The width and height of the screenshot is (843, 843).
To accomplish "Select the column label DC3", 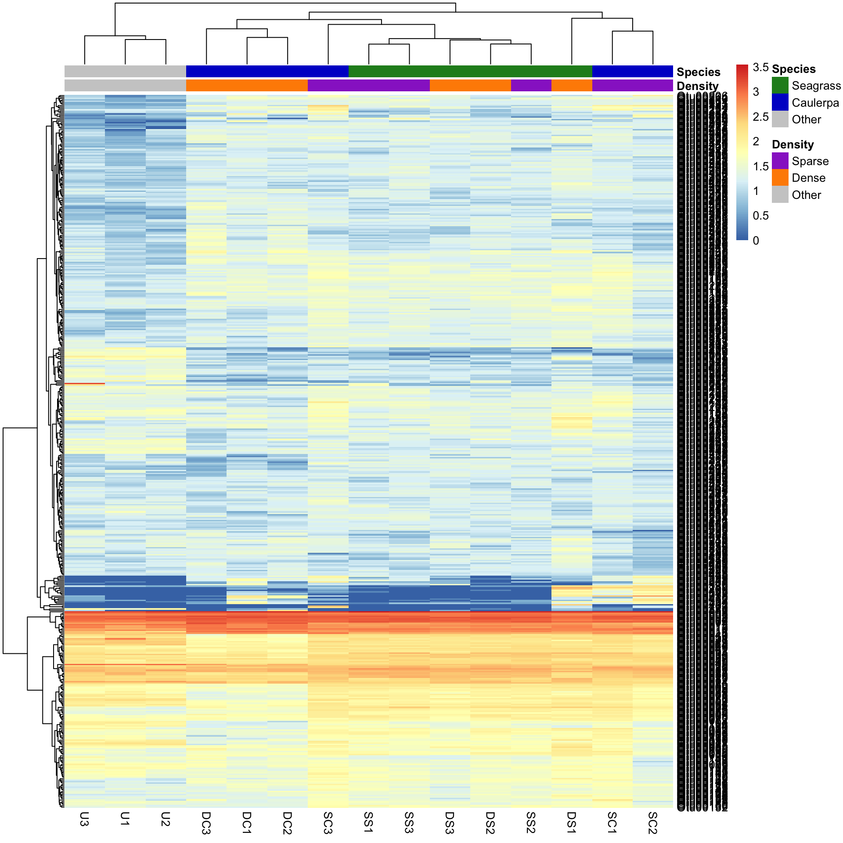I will pyautogui.click(x=206, y=823).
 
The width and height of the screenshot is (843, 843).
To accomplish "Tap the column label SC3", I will pyautogui.click(x=328, y=823).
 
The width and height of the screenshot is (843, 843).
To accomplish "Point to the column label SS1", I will pyautogui.click(x=368, y=822).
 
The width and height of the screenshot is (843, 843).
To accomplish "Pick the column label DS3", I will pyautogui.click(x=450, y=823).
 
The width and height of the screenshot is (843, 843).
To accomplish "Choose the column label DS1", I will pyautogui.click(x=571, y=822).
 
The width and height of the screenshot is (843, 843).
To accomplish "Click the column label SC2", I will pyautogui.click(x=652, y=823).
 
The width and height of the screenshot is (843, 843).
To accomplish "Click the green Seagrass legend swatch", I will pyautogui.click(x=780, y=86).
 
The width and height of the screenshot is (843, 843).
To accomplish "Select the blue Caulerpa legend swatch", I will pyautogui.click(x=780, y=102).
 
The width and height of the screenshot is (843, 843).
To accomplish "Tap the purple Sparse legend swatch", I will pyautogui.click(x=780, y=161).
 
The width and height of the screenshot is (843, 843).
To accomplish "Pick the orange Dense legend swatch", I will pyautogui.click(x=780, y=178).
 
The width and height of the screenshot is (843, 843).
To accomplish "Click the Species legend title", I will pyautogui.click(x=793, y=69).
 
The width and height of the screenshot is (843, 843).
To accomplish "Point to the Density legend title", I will pyautogui.click(x=793, y=144).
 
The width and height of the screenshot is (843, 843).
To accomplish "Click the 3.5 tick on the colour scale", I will pyautogui.click(x=760, y=67).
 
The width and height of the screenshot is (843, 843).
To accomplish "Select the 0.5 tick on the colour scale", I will pyautogui.click(x=760, y=216).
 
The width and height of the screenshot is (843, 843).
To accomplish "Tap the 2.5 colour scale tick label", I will pyautogui.click(x=760, y=117).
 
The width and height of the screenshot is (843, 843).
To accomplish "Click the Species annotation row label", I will pyautogui.click(x=698, y=72).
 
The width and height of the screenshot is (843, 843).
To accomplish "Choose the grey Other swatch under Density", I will pyautogui.click(x=780, y=195).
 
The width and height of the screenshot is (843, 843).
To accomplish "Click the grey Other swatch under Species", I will pyautogui.click(x=780, y=119).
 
